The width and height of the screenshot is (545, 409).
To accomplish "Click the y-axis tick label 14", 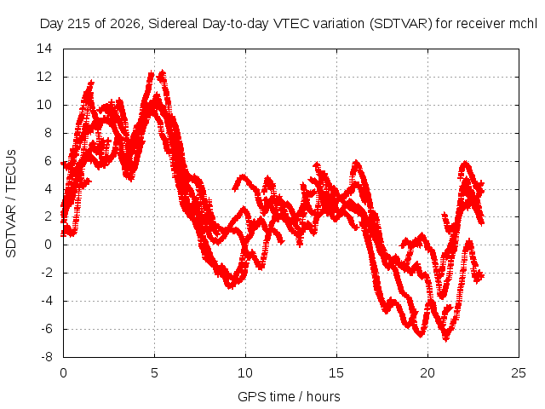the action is [44, 49].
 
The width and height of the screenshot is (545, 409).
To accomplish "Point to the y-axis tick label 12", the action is [44, 77].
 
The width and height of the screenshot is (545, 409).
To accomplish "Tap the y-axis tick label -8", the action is [46, 357].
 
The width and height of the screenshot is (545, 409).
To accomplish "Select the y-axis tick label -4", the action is [46, 301].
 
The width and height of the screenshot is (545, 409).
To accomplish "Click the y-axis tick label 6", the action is [48, 161].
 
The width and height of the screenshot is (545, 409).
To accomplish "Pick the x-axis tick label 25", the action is [519, 373].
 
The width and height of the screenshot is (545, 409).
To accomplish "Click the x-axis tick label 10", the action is [245, 373].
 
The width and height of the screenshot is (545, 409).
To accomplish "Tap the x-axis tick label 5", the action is [154, 373].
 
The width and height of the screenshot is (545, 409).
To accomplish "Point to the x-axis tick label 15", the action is [336, 373].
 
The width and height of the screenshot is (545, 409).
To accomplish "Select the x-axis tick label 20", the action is [427, 373].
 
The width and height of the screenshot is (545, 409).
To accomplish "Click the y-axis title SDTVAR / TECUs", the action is [11, 204].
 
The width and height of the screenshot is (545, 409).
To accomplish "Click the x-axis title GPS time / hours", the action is [289, 396].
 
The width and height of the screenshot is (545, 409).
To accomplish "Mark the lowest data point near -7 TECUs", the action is [446, 339].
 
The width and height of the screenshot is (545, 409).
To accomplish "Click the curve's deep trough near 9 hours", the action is [230, 286].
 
